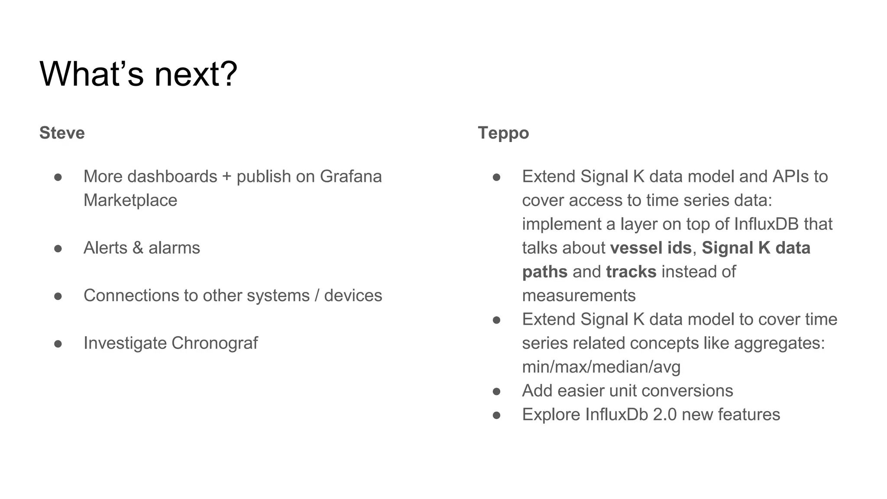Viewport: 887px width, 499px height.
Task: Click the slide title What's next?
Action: point(138,74)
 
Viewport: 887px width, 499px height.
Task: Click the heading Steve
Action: point(62,133)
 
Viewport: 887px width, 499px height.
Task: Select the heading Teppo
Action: point(503,133)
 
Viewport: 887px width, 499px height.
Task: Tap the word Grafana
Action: point(350,176)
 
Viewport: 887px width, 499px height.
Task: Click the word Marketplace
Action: point(130,200)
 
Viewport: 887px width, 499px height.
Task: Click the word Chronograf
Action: point(214,343)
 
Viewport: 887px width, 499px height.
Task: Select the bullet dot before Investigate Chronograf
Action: point(58,343)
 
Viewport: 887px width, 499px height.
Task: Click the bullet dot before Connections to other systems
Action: point(58,296)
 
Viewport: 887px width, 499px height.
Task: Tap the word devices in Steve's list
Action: point(353,295)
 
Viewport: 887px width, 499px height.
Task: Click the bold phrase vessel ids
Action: point(651,248)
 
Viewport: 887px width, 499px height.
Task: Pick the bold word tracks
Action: point(631,272)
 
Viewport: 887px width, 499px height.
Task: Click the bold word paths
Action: point(544,272)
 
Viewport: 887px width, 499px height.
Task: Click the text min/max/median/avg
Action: point(601,367)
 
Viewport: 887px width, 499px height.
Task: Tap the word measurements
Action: point(579,295)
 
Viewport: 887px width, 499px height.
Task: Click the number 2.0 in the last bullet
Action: point(664,415)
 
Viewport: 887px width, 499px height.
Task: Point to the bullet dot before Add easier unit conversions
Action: point(497,391)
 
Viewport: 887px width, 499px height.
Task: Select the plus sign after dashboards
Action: point(227,177)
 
